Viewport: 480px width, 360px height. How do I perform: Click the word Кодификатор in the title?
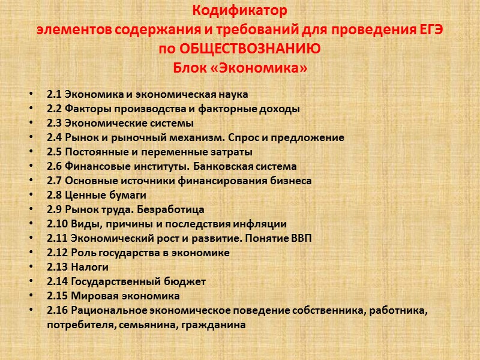[x=240, y=11]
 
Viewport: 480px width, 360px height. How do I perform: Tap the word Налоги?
[x=90, y=267]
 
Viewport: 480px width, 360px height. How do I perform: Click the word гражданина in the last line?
[x=214, y=325]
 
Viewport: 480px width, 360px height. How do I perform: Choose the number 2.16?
[x=56, y=310]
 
